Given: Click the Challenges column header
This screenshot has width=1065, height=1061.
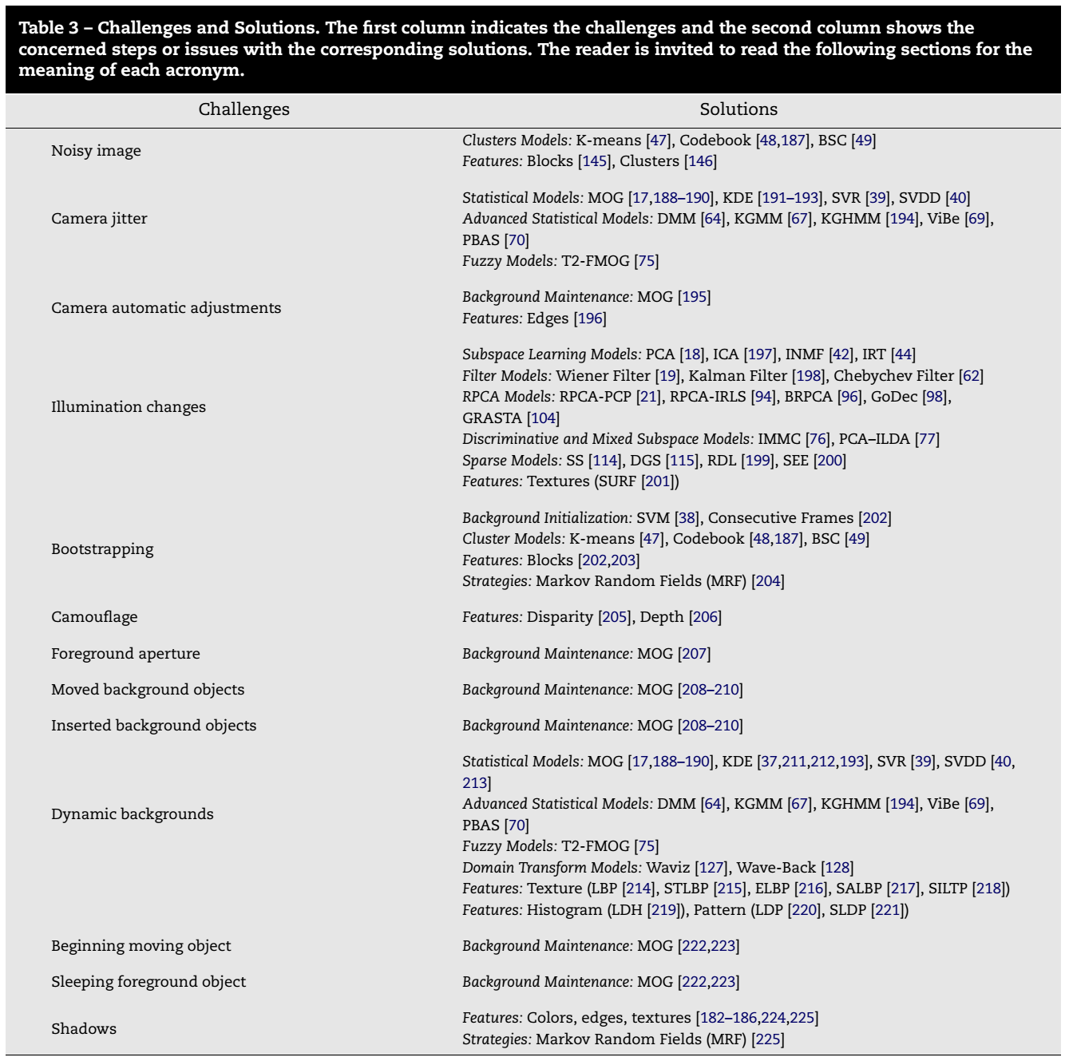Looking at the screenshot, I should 243,109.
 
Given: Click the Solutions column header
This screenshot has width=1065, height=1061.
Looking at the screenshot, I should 738,109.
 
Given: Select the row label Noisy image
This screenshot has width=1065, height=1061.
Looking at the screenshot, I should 96,151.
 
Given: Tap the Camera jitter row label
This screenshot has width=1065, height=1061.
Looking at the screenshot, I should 99,219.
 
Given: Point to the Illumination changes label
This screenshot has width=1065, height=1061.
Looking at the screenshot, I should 129,407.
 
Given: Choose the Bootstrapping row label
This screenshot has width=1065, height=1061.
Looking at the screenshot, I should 102,549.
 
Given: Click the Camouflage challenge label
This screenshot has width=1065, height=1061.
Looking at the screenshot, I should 94,617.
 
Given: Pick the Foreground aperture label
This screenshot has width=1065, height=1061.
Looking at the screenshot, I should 125,654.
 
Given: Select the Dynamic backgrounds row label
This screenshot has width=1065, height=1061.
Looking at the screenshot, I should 133,814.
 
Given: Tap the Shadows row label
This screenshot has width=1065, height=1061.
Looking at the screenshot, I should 84,1029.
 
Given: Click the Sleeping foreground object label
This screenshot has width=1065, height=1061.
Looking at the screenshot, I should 148,982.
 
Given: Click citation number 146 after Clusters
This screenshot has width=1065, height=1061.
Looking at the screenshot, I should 700,161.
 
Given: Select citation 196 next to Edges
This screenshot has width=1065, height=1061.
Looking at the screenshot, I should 590,319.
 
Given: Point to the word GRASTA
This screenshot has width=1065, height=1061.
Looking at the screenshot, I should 492,418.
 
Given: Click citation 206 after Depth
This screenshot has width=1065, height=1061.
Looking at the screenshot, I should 705,617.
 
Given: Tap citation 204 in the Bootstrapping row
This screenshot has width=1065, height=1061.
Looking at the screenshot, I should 768,581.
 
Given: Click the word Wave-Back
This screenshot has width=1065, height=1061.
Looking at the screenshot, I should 776,868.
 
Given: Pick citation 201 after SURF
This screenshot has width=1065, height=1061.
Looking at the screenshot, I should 658,481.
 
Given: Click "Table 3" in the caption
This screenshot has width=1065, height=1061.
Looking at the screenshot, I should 48,28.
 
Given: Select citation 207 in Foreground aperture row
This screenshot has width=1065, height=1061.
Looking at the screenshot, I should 694,654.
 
